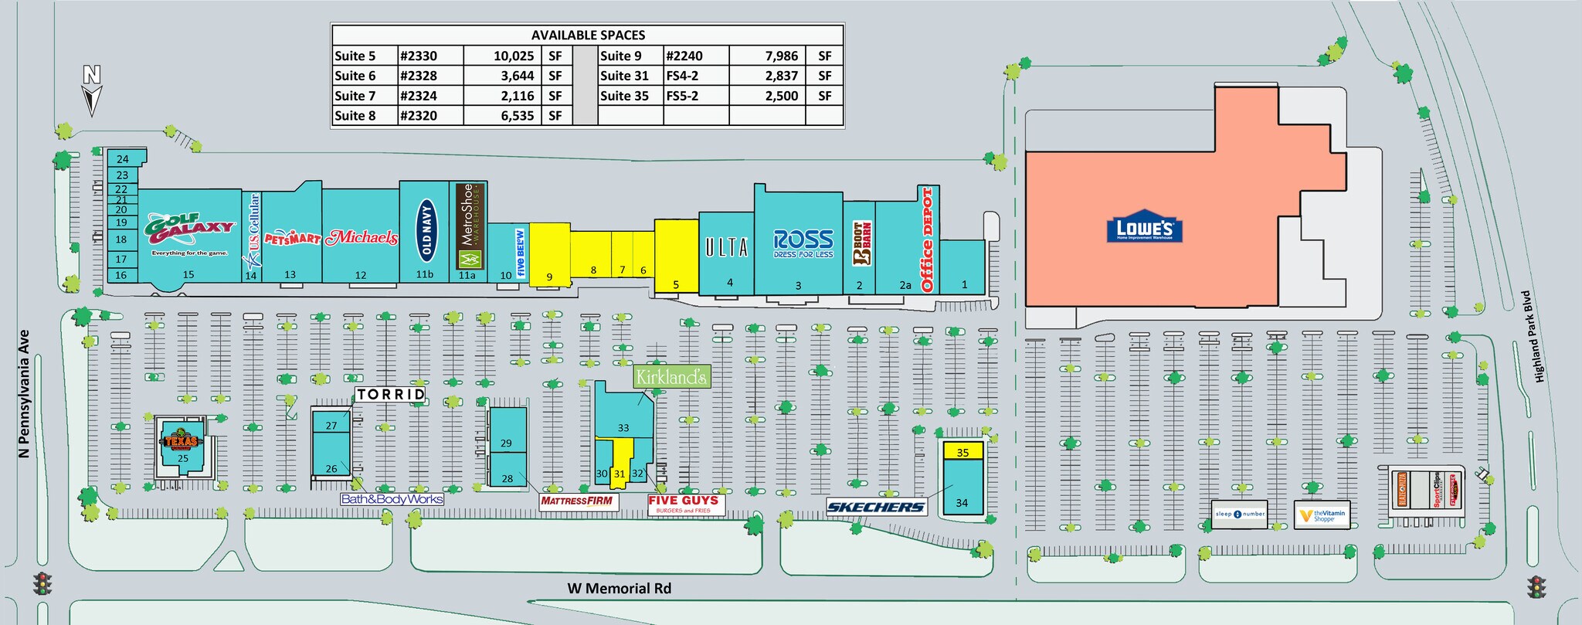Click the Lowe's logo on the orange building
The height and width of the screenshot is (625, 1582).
[x=1145, y=228]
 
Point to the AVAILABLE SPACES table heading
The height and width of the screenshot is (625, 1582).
[x=587, y=35]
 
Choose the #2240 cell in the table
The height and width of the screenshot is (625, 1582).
[x=684, y=56]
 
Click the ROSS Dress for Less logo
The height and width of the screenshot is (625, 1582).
[x=803, y=243]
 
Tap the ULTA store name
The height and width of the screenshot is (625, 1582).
[x=726, y=247]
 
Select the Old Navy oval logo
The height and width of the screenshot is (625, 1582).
[x=426, y=229]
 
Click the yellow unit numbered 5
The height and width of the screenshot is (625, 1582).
[x=676, y=255]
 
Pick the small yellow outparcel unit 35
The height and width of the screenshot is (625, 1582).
[x=962, y=451]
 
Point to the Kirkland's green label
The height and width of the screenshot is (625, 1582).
[x=670, y=377]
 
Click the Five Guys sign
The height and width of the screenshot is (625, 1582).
[x=684, y=504]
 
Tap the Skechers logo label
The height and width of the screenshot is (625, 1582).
[x=875, y=507]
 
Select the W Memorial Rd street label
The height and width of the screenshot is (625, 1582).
[x=620, y=589]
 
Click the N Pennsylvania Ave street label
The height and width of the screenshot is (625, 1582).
[x=24, y=394]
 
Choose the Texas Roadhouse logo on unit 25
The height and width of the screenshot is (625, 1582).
[x=181, y=441]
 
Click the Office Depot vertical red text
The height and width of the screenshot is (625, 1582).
[x=928, y=239]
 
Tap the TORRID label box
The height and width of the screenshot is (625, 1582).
[x=391, y=394]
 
